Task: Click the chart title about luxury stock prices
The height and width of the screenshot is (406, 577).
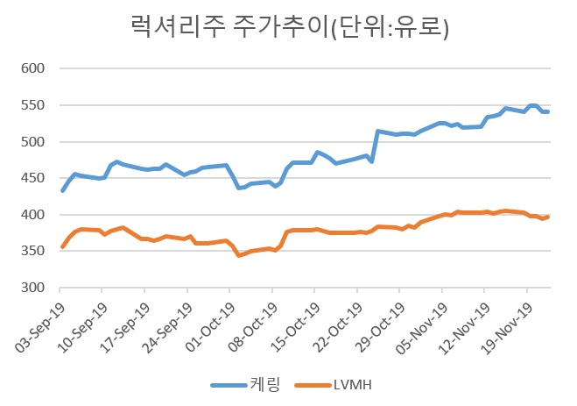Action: [x=290, y=26]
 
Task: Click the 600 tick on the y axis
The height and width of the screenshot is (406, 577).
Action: [x=32, y=68]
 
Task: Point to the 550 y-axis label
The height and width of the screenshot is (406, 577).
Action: [x=32, y=105]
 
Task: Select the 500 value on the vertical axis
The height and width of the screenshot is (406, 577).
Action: [x=32, y=142]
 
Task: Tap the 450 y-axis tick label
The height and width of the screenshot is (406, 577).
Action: [x=32, y=178]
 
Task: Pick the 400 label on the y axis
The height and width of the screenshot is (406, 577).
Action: [x=32, y=215]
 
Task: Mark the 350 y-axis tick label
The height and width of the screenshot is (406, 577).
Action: [x=32, y=251]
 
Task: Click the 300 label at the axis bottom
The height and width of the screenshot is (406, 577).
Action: [x=32, y=288]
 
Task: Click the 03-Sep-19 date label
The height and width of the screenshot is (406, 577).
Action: [x=39, y=328]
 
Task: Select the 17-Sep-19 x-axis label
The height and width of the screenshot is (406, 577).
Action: [x=125, y=328]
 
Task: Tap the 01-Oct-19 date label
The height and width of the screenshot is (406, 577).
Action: [x=210, y=328]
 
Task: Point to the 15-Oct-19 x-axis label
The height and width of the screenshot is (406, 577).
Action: [x=295, y=328]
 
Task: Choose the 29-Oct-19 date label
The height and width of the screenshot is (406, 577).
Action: [x=380, y=328]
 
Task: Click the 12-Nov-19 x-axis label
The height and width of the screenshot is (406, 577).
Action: [x=465, y=328]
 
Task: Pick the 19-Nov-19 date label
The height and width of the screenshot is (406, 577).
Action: [x=508, y=328]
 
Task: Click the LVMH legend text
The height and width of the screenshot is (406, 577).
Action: [x=353, y=385]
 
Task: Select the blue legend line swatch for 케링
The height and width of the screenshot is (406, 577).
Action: [x=229, y=385]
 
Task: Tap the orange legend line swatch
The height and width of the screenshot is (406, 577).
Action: [x=313, y=385]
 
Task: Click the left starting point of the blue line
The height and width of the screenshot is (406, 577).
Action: [x=62, y=190]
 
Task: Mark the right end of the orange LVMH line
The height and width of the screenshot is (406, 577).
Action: [x=547, y=217]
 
